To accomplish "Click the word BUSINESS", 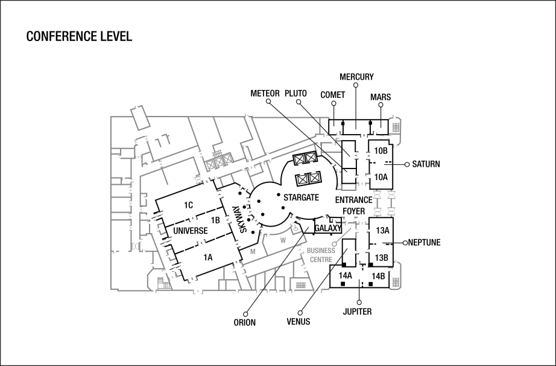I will (x=321, y=250).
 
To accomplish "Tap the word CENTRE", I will (x=321, y=259).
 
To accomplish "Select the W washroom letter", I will (x=282, y=240).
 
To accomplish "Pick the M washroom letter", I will (x=253, y=251).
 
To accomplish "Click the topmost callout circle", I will (x=356, y=85).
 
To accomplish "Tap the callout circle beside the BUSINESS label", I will (x=335, y=244).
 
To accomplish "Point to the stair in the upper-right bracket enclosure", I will (x=396, y=127).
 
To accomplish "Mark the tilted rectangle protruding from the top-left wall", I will (x=140, y=117).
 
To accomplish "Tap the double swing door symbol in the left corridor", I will (x=136, y=246).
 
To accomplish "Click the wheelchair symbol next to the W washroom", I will (x=295, y=227).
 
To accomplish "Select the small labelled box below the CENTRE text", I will (x=300, y=284).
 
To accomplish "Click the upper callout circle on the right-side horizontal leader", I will (x=407, y=164).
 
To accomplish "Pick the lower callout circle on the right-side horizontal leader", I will (x=405, y=243).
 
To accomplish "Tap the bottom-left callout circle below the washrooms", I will (x=245, y=314).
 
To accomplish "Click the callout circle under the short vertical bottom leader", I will (x=359, y=302).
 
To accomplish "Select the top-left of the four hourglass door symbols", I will (x=378, y=194).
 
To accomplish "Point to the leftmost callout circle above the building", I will (x=268, y=101).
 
